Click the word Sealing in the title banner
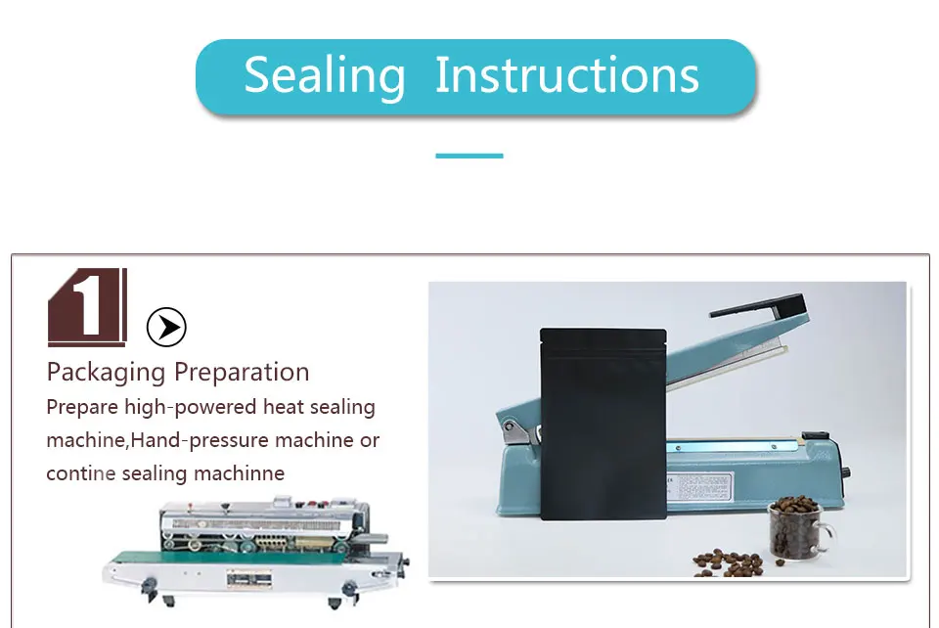[325, 76]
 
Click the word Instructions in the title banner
[566, 75]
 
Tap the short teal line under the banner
[469, 156]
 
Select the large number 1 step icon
[87, 307]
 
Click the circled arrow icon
[166, 327]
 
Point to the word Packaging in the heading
[106, 373]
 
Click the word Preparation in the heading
[242, 373]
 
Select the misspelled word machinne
[239, 473]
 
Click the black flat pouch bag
[604, 424]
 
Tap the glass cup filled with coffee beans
[799, 529]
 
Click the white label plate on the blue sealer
[699, 485]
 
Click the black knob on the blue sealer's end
[845, 472]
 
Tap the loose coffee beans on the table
[729, 563]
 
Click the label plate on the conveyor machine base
[248, 579]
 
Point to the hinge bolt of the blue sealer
[510, 426]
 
